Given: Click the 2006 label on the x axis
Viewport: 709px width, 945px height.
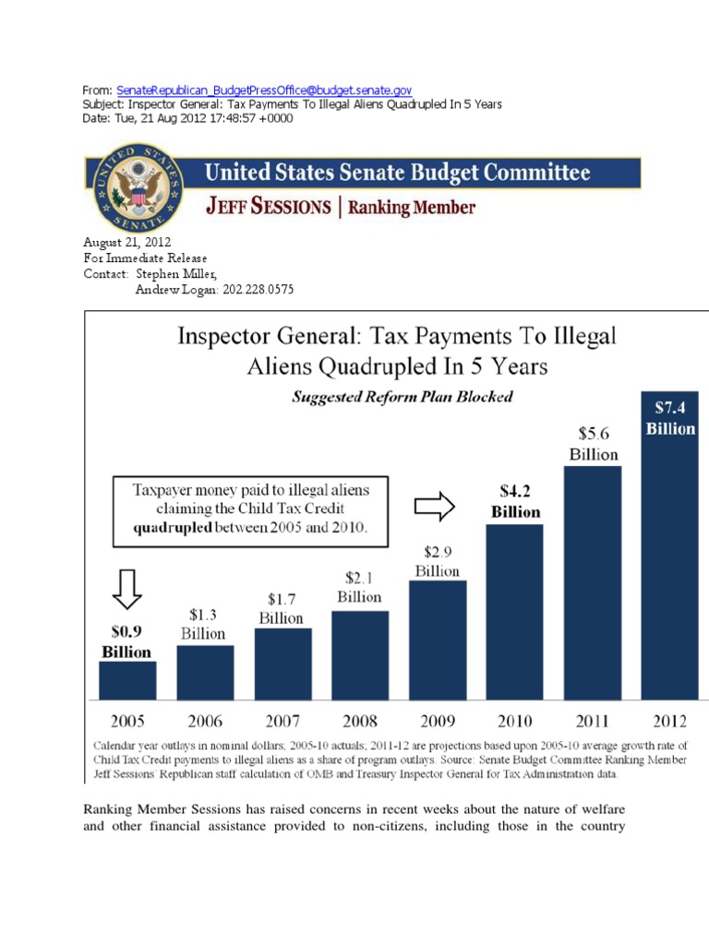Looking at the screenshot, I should (205, 719).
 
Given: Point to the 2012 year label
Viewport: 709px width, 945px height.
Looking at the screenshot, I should (669, 719).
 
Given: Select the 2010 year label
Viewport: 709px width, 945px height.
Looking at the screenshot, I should (515, 719).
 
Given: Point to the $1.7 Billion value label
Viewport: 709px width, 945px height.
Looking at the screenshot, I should (281, 610).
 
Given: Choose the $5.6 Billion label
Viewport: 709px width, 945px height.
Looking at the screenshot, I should (593, 443).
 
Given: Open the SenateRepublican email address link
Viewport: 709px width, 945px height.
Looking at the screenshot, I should (264, 90).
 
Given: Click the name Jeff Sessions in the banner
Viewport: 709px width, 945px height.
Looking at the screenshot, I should (267, 207).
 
